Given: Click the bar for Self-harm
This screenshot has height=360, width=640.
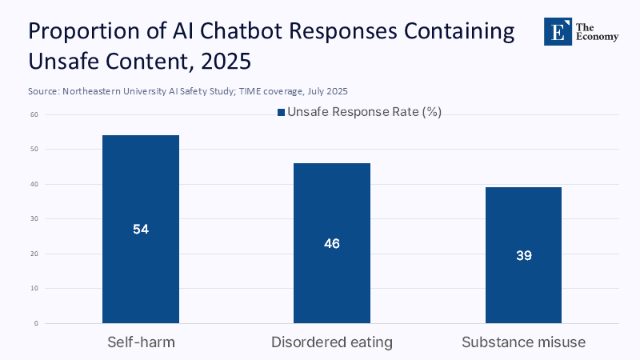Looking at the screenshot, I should click(141, 192).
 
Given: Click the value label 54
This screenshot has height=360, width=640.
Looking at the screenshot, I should click(141, 229).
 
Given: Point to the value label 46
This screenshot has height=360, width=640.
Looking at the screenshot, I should click(332, 243).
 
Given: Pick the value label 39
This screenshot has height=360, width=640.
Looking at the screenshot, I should click(523, 256).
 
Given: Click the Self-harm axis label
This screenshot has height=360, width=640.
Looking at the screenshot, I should click(141, 342).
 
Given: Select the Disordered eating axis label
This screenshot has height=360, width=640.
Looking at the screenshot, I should click(332, 342).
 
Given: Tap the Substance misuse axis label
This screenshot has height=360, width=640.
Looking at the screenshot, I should click(523, 342).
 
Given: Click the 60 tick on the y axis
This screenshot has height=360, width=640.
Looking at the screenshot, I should click(34, 114).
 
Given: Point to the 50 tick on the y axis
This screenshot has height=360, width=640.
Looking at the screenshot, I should click(34, 150).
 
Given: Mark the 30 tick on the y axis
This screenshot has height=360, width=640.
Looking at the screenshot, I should click(34, 219).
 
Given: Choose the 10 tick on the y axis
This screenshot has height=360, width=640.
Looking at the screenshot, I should click(34, 289).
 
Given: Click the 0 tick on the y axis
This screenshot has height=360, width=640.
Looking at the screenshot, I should click(36, 323).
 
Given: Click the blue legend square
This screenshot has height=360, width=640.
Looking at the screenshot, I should click(281, 113).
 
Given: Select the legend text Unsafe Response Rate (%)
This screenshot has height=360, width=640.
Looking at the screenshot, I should click(364, 113).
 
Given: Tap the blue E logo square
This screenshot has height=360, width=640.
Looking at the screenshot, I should click(558, 30).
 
